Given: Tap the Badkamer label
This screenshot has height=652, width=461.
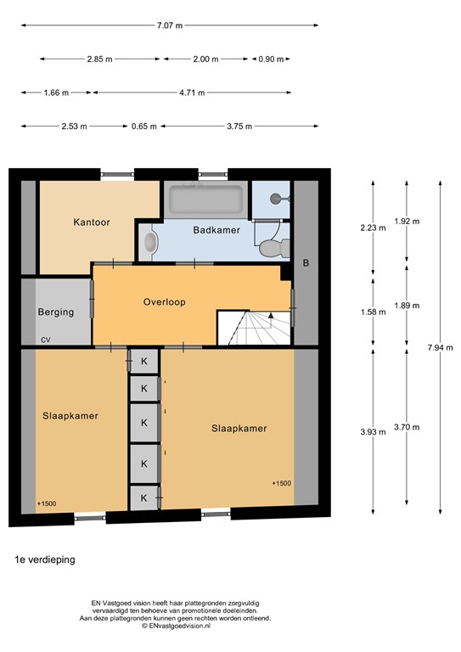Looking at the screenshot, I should [216, 230].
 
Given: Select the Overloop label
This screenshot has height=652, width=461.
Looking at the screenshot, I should [164, 301].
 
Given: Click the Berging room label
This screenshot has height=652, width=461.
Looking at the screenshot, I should [56, 312].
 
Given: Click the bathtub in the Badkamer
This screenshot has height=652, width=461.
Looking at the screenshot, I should [206, 200].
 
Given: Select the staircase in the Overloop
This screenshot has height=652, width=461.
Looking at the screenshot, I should [254, 327].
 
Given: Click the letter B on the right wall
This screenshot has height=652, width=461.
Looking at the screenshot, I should [306, 263].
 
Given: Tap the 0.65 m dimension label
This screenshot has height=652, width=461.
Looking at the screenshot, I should [143, 126].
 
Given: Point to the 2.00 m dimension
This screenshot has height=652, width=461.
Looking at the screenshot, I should [205, 59].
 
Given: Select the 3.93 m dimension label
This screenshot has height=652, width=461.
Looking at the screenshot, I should [372, 430].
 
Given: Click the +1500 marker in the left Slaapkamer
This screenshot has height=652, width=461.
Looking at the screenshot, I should [47, 503].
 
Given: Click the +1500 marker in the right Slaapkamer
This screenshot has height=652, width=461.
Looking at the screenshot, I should [281, 483].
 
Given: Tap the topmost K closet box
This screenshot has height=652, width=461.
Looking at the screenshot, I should [143, 360].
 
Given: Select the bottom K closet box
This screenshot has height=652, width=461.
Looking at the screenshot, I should [143, 497].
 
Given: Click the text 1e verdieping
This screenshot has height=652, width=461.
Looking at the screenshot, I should [45, 561].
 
